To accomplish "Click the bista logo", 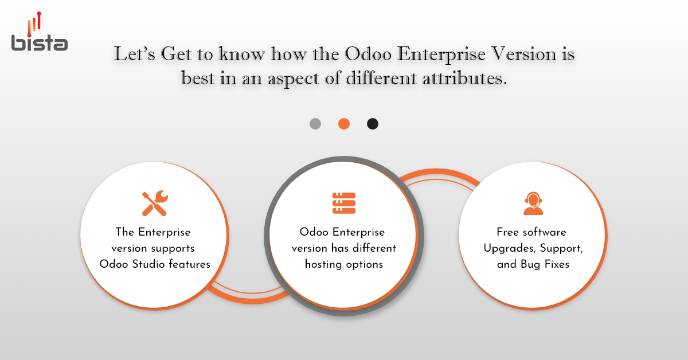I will click(x=39, y=33).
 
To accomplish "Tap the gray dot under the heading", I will click(x=315, y=124).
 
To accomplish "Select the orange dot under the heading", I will click(x=344, y=124).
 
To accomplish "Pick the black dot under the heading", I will click(x=373, y=124).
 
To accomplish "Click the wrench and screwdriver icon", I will click(x=154, y=204).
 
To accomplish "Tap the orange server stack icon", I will click(x=344, y=204).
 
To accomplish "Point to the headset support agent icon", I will click(x=533, y=204).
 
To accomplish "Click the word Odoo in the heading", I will click(x=368, y=55).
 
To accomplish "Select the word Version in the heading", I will click(x=522, y=55).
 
